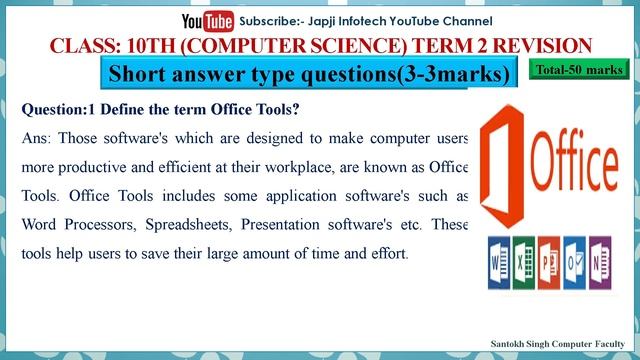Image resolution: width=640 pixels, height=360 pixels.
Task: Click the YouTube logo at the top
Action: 208,20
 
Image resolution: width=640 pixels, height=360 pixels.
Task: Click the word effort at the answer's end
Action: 387,253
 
